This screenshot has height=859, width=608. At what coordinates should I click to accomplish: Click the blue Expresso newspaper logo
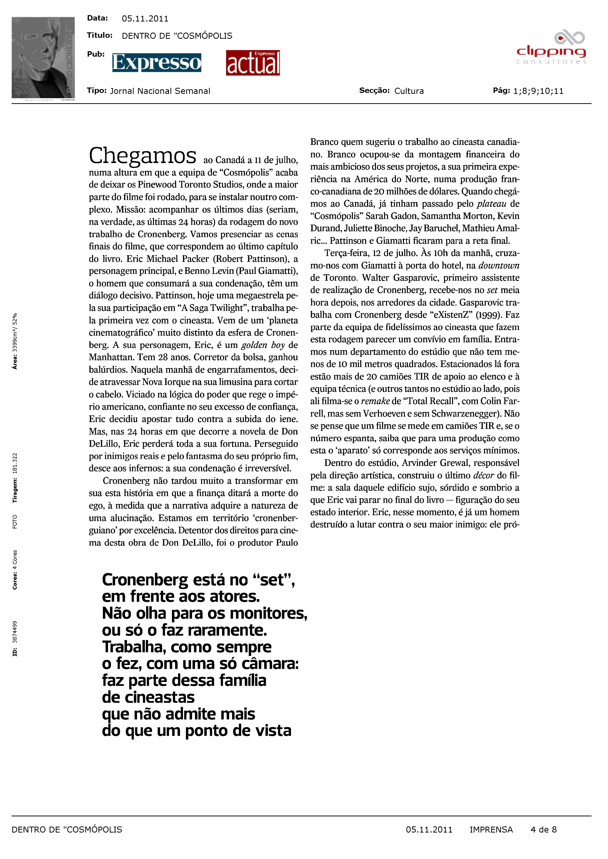(x=156, y=63)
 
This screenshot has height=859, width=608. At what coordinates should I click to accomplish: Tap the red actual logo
(x=253, y=63)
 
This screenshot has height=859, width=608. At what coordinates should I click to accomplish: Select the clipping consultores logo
(x=551, y=49)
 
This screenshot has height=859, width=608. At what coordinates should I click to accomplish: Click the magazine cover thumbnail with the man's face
(x=43, y=58)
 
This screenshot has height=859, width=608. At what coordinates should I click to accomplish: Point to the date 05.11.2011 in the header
(x=145, y=19)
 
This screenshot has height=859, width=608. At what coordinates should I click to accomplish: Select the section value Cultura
(x=409, y=91)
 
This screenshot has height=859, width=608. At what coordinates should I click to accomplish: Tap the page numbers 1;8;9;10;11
(x=538, y=91)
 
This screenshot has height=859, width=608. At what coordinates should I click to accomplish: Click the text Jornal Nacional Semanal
(x=160, y=91)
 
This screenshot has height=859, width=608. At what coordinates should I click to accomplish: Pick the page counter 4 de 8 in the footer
(x=543, y=829)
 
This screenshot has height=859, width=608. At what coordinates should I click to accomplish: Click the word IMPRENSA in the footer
(x=491, y=829)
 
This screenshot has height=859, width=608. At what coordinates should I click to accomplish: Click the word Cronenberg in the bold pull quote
(x=145, y=580)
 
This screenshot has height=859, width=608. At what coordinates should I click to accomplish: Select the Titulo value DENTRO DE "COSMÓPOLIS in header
(x=177, y=36)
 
